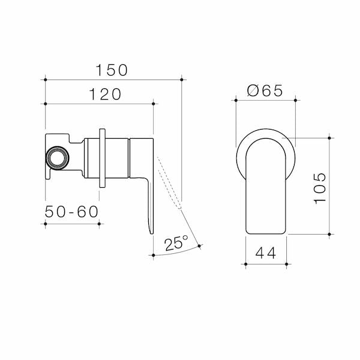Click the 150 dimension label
113,70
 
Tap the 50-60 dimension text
71,212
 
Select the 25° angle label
176,243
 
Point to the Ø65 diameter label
265,91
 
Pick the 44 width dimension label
266,253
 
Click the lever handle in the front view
266,186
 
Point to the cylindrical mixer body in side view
117,158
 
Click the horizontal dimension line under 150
113,79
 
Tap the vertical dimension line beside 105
329,186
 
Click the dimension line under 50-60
71,224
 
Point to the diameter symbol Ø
253,91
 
